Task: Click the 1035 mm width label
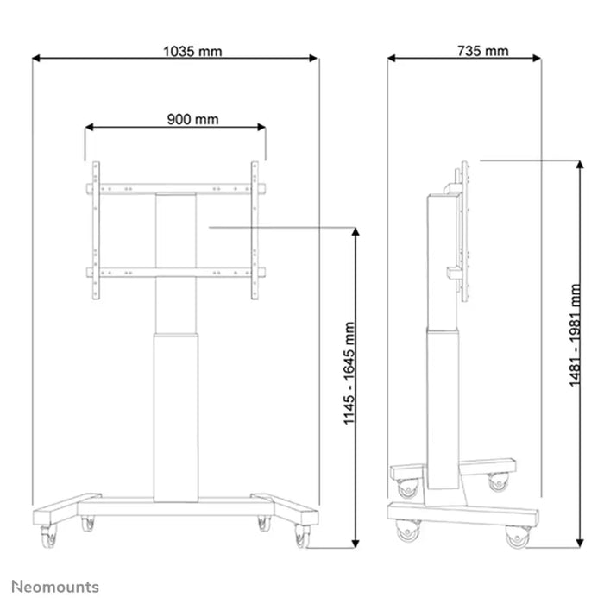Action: click(x=192, y=51)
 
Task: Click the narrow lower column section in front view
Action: click(x=176, y=414)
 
